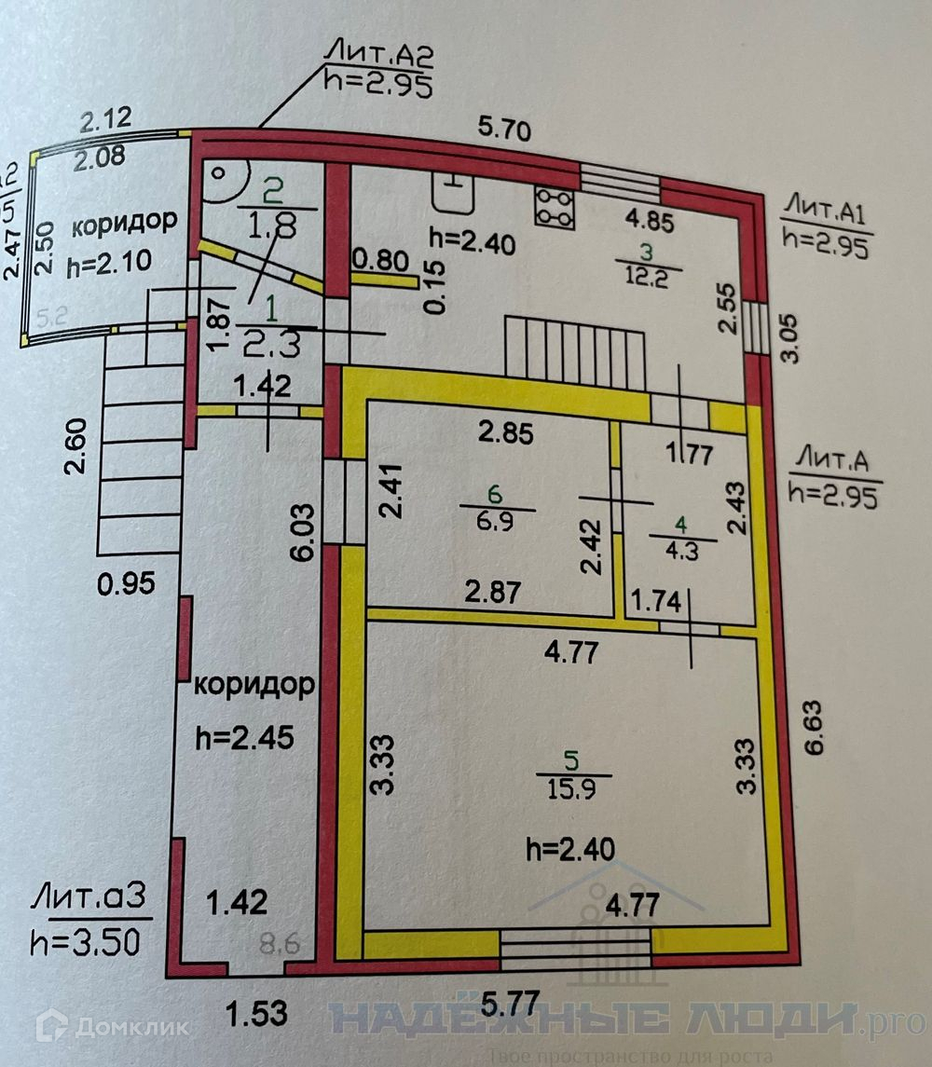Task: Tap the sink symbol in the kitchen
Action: point(455,193)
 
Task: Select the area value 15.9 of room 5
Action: point(573,787)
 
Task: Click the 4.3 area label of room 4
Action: point(682,551)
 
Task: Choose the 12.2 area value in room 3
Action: point(649,279)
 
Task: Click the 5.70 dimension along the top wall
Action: point(506,131)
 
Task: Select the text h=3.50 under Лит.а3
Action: point(86,939)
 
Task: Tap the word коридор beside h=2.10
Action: point(125,225)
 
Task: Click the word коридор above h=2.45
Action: point(254,686)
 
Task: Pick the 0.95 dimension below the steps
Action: point(126,584)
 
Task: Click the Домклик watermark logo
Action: point(112,1027)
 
